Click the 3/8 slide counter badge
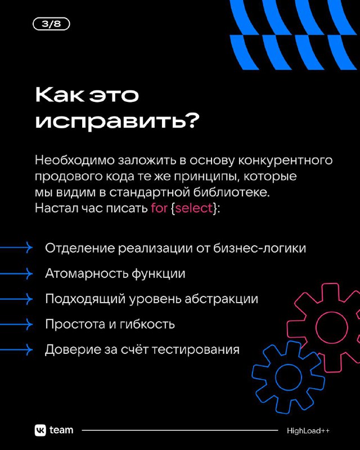[x=51, y=24]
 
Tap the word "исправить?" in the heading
[x=117, y=121]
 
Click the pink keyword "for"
[x=159, y=208]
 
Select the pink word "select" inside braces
[x=193, y=208]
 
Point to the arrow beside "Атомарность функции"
[x=16, y=273]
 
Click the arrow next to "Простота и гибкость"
[x=16, y=325]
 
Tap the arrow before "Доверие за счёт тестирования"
[x=16, y=349]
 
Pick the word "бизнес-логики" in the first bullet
[x=259, y=248]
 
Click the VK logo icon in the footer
[x=40, y=430]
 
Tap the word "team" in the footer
[x=61, y=430]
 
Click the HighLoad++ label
[x=308, y=431]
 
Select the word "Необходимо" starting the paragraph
[x=75, y=160]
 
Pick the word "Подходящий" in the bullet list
[x=85, y=299]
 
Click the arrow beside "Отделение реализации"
[x=16, y=247]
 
